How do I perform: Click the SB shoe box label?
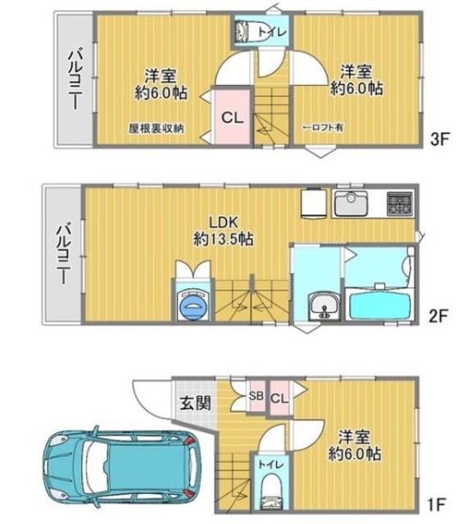click(256, 398)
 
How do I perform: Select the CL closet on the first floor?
click(279, 398)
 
